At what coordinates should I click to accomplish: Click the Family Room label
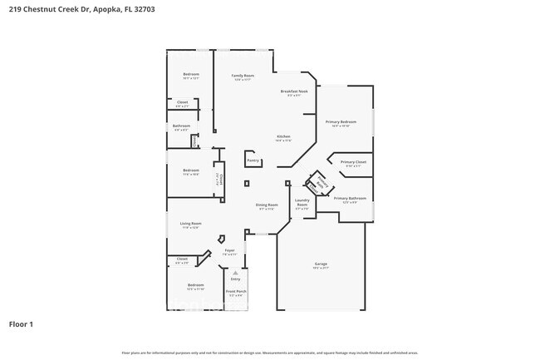point(243,75)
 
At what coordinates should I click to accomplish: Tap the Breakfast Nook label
point(294,91)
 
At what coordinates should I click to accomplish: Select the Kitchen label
point(283,136)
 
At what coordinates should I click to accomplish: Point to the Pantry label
point(253,160)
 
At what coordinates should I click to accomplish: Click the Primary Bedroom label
point(341,121)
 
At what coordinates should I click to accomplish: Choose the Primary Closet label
point(353,161)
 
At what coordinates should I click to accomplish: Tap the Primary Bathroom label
point(351,198)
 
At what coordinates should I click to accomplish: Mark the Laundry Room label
point(302,201)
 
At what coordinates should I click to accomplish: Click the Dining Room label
point(267,204)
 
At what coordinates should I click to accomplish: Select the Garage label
point(321,264)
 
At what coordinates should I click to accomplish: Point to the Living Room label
point(191,223)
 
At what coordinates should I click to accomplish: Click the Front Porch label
point(236,291)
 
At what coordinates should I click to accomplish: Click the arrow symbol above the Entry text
point(235,273)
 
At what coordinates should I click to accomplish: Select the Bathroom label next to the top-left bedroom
point(181,126)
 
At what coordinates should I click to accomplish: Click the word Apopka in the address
point(106,9)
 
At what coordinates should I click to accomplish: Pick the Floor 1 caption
point(22,323)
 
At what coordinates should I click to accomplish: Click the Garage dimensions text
point(321,268)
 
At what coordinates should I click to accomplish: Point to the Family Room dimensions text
point(243,80)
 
